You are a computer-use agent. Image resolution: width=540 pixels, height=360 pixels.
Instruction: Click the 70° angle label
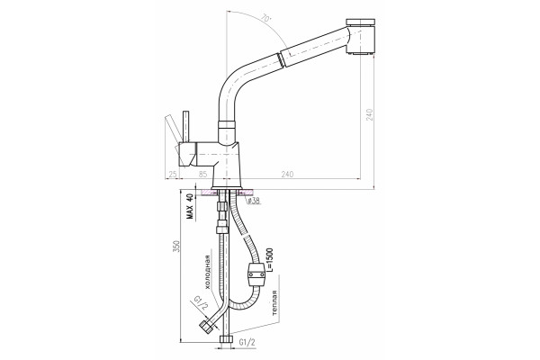click(x=266, y=18)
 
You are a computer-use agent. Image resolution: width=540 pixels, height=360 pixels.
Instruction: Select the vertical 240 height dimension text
click(x=370, y=114)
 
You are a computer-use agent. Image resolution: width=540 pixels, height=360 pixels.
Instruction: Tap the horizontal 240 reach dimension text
click(x=288, y=175)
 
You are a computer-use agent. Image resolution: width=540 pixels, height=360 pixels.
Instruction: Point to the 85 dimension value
click(x=202, y=175)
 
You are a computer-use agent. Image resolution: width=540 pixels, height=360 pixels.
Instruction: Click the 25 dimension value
click(x=173, y=175)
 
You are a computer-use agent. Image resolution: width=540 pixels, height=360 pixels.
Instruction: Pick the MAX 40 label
click(x=190, y=206)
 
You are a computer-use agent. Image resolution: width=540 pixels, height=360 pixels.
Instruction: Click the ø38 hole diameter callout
click(x=254, y=201)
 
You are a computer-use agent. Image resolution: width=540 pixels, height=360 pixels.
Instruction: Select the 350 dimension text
click(x=176, y=247)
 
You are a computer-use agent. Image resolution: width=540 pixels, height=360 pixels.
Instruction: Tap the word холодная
click(x=207, y=272)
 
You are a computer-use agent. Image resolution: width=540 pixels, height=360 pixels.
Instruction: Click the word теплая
click(x=274, y=303)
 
